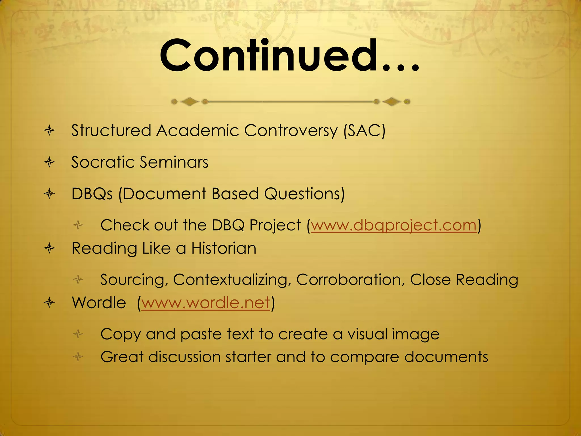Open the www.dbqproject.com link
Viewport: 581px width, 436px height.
394,225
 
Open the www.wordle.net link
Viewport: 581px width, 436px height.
205,303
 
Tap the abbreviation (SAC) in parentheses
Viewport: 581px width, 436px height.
364,131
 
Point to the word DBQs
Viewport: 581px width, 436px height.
92,194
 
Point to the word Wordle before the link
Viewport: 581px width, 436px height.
99,303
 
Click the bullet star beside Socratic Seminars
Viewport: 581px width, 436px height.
49,162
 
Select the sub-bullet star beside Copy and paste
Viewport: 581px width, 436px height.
78,334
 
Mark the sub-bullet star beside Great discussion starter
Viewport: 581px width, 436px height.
78,357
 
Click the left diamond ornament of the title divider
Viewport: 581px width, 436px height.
190,102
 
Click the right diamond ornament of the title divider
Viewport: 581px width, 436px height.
392,102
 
